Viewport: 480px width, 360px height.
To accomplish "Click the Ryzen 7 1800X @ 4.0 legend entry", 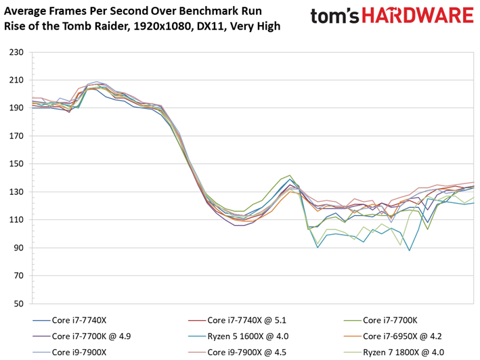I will tap(403, 351).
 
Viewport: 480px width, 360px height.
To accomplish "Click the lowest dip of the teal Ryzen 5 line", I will tap(410, 250).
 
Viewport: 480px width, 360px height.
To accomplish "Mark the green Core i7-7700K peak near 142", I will tap(290, 175).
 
